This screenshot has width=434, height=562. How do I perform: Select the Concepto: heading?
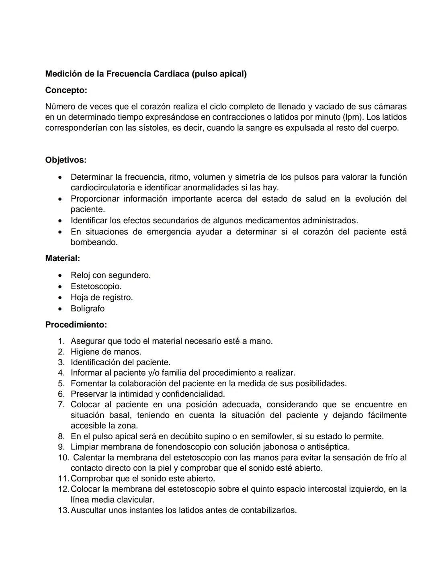[66, 91]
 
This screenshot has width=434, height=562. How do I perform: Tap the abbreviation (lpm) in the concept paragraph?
[353, 117]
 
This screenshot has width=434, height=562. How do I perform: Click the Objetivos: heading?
[66, 160]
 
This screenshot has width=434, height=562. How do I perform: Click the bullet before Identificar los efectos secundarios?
[60, 221]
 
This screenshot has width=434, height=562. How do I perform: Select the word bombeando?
[94, 243]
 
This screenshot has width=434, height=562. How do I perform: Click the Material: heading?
[62, 258]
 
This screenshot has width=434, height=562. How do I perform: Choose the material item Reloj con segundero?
[111, 276]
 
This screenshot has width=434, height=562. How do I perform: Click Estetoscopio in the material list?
[96, 287]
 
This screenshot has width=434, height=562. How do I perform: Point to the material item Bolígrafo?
[88, 309]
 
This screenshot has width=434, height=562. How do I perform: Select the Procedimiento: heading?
[76, 325]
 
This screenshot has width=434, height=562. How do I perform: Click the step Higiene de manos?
[106, 352]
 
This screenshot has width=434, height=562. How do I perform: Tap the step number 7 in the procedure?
[61, 405]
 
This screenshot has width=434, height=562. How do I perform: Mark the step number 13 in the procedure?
[63, 511]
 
